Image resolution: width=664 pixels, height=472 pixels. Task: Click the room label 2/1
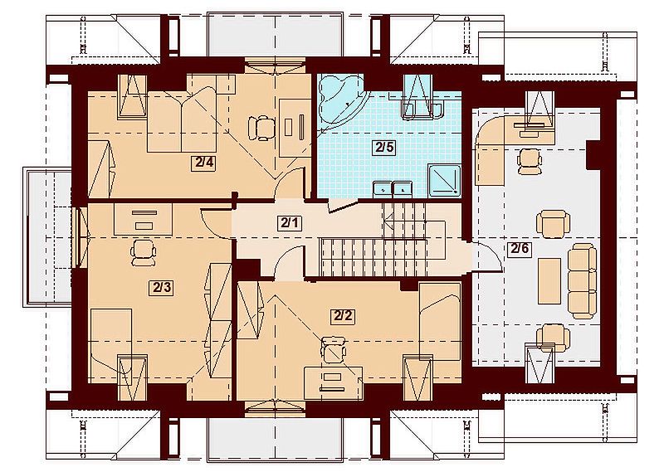click(290, 222)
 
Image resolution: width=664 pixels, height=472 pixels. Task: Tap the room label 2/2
click(343, 316)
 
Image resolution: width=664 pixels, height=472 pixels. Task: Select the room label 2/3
click(161, 288)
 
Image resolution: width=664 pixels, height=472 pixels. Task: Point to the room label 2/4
click(203, 163)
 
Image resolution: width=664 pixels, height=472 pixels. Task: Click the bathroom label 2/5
click(384, 148)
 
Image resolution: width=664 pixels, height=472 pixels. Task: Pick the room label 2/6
click(520, 249)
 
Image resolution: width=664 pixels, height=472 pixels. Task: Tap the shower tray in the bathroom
click(444, 181)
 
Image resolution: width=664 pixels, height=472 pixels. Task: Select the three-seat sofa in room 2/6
click(583, 280)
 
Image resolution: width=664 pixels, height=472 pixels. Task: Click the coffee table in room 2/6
click(549, 281)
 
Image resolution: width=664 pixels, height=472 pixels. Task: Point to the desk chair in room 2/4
click(260, 128)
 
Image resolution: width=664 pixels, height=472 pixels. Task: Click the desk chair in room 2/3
click(143, 252)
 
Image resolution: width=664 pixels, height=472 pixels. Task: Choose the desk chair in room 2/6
click(529, 161)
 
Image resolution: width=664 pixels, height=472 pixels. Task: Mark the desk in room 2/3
click(144, 219)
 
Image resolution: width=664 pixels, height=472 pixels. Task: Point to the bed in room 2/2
click(440, 322)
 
